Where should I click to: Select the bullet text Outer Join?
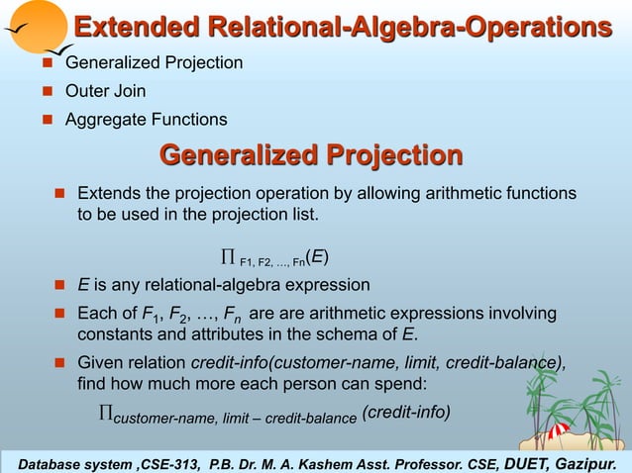tap(105, 91)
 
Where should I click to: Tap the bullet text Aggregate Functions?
tap(146, 120)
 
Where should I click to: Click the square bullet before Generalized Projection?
tap(46, 63)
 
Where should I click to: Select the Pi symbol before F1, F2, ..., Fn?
tap(227, 259)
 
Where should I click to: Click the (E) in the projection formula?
tap(317, 258)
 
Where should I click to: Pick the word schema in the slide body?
tap(360, 332)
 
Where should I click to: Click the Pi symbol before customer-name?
tap(106, 414)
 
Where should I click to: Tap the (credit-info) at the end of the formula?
tap(406, 412)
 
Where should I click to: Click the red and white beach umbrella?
tap(559, 431)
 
